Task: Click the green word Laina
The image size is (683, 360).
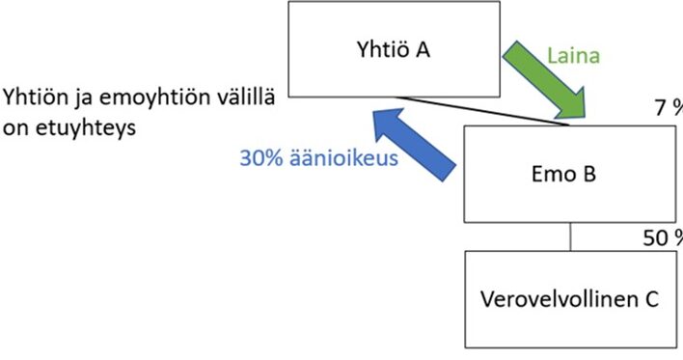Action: pos(573,56)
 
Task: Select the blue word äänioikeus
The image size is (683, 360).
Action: pos(343,157)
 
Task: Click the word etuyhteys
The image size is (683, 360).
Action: pos(86,128)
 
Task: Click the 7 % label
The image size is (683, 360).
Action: pos(669,108)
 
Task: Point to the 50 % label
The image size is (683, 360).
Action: pos(663,238)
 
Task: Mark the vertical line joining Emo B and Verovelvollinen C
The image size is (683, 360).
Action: pos(571,236)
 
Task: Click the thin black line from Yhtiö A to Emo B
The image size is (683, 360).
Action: pos(482,111)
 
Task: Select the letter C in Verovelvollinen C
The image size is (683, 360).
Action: pos(651,299)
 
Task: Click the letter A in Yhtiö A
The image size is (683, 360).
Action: pos(423,49)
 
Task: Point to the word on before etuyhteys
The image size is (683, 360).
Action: pos(16,129)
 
